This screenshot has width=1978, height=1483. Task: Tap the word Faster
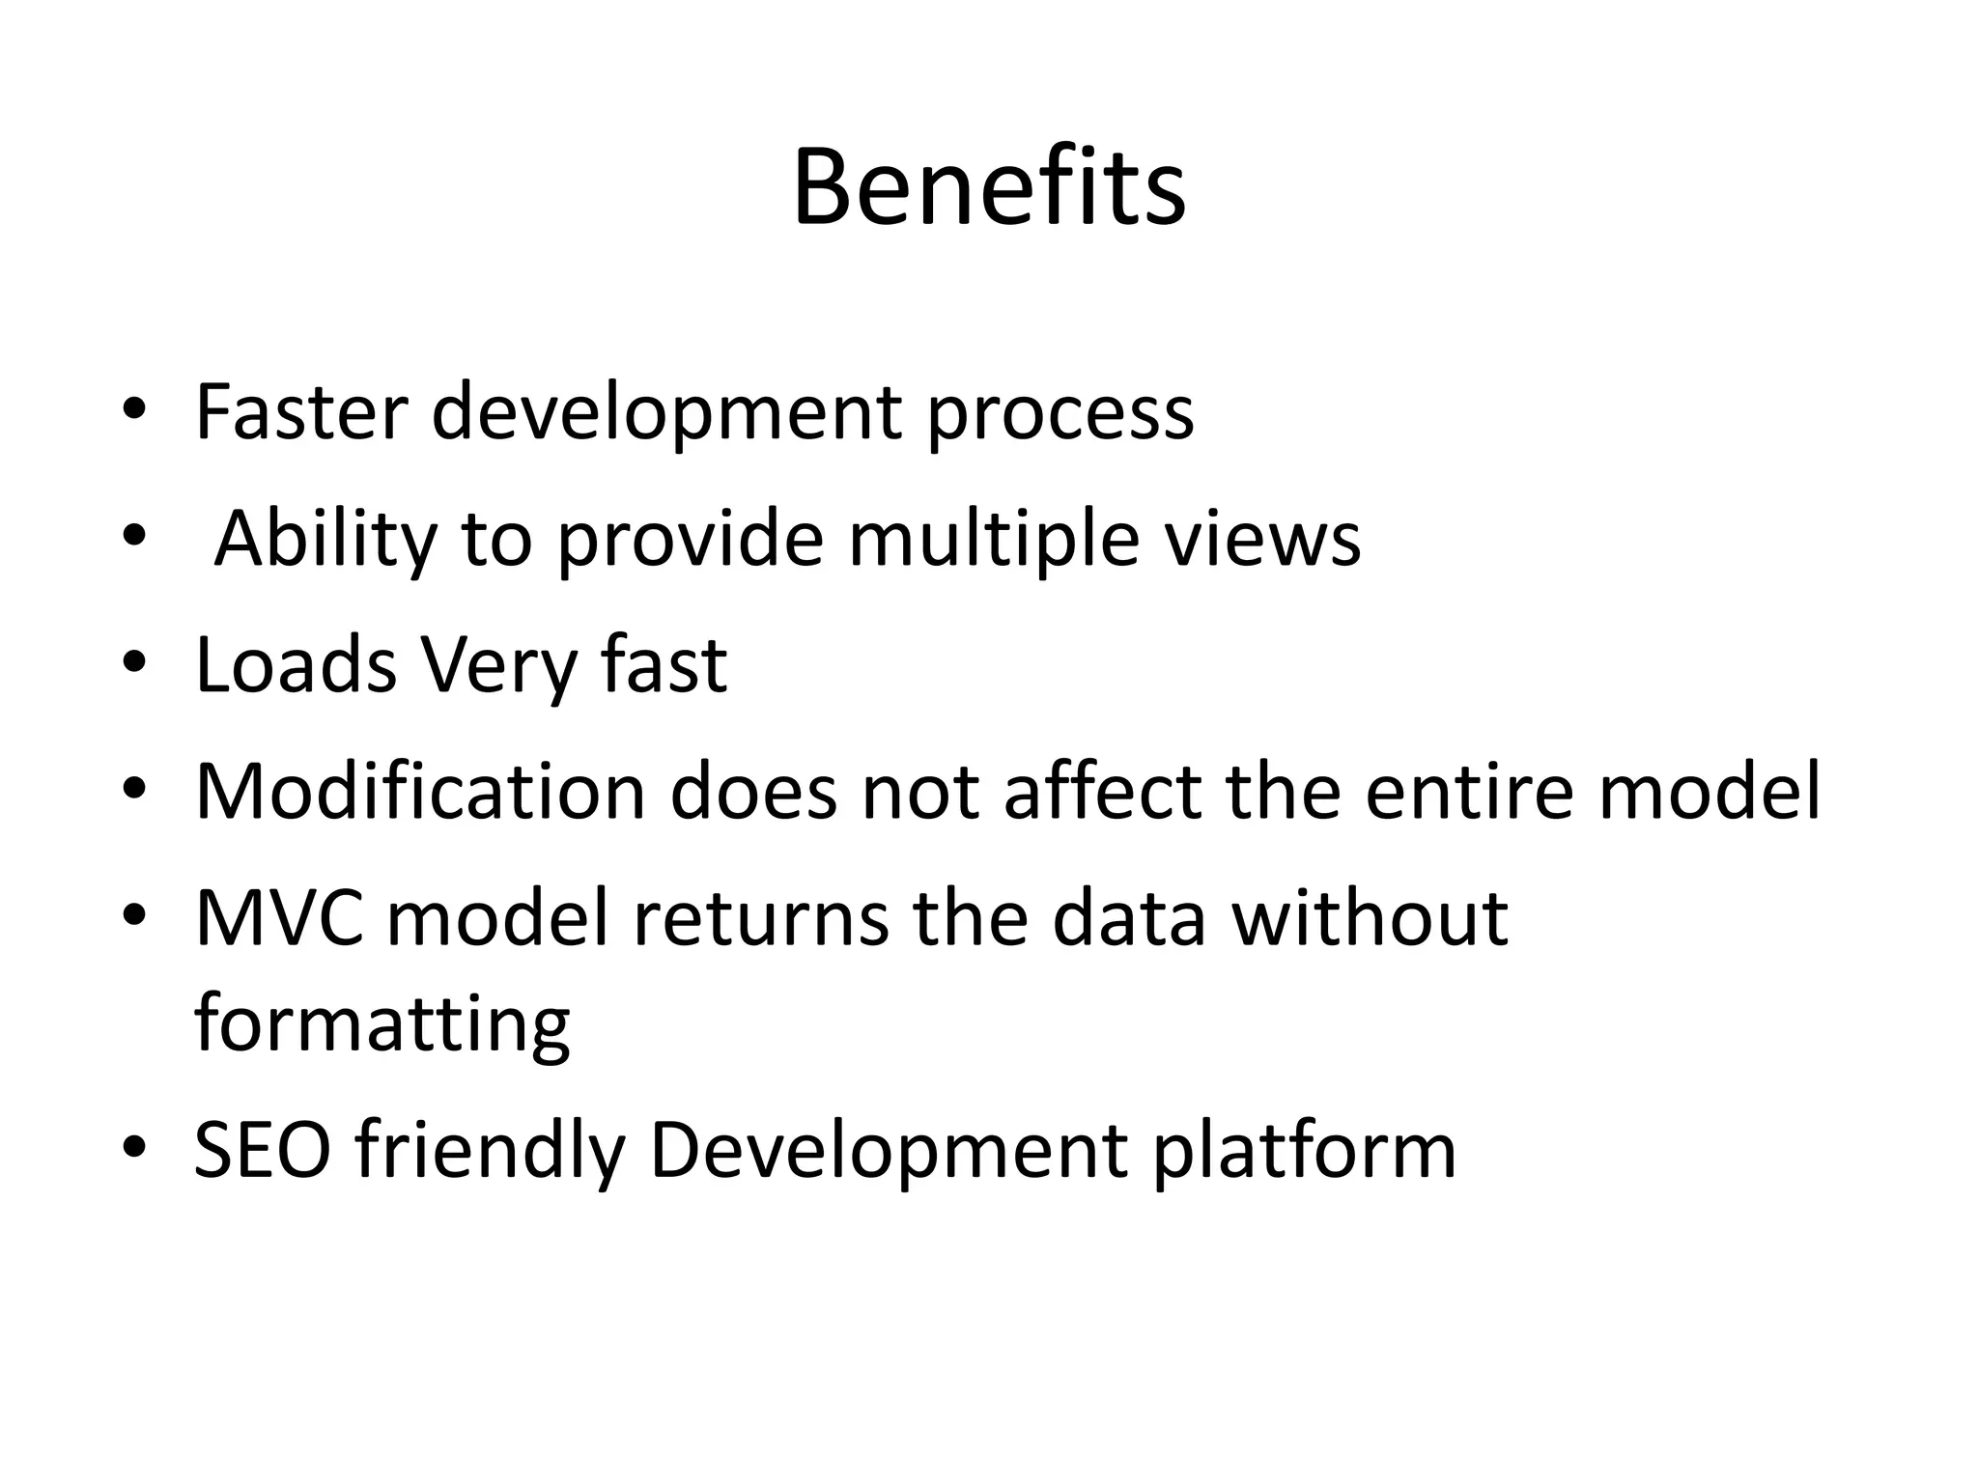(302, 412)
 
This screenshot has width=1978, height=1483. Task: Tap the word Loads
(296, 665)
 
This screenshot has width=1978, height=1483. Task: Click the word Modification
(420, 791)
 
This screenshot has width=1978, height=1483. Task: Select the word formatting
(382, 1025)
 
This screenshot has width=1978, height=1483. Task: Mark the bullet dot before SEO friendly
(134, 1149)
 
